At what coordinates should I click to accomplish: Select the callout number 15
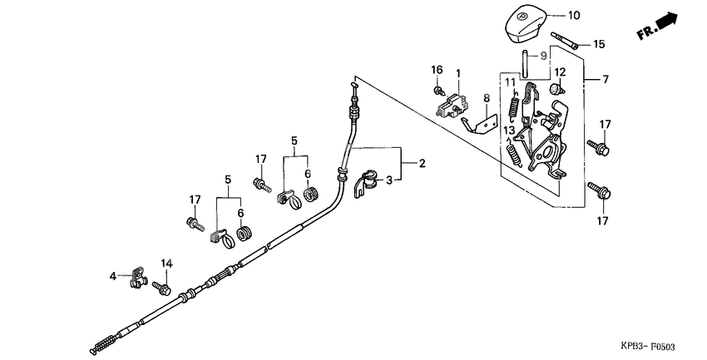click(x=599, y=44)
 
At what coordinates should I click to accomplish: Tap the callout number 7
click(x=605, y=80)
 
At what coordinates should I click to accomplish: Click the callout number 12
click(x=560, y=72)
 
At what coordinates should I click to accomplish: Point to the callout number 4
click(x=112, y=275)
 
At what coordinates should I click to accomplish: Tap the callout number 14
click(x=166, y=264)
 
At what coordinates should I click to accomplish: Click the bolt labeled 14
click(x=161, y=288)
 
